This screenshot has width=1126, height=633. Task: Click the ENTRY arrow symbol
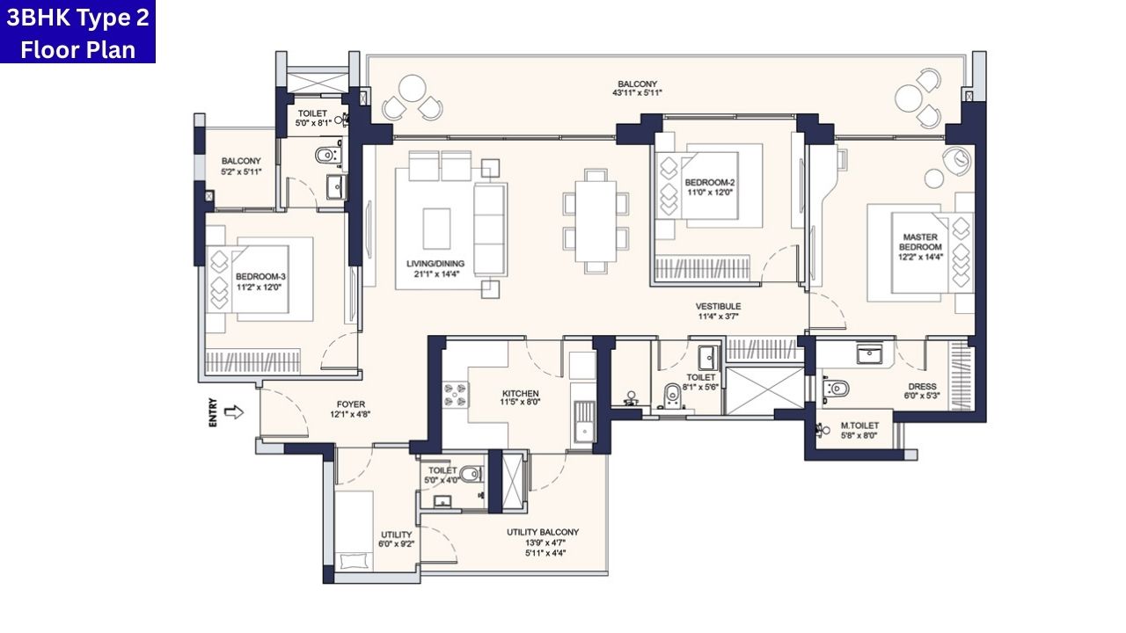(x=233, y=411)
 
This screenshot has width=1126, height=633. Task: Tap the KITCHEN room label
(x=521, y=394)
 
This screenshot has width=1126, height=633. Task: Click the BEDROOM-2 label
(x=709, y=183)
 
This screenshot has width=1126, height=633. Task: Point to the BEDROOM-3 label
(x=260, y=276)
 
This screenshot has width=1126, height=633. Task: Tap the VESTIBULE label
(x=720, y=306)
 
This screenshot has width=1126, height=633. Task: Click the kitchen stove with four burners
(x=455, y=394)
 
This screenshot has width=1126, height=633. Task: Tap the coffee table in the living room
(x=436, y=229)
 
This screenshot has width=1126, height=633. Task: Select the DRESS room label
(x=922, y=386)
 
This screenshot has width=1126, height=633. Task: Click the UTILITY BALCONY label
(x=543, y=532)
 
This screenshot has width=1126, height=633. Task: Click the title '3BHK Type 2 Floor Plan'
(x=77, y=33)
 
